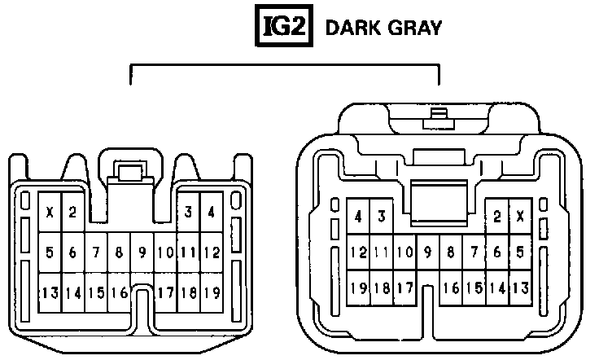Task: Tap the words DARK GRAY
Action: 383,28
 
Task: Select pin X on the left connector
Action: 50,213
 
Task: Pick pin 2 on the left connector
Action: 72,213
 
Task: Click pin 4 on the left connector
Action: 212,213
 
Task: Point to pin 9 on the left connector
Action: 142,253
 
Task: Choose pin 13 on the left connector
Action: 50,292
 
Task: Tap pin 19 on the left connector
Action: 212,292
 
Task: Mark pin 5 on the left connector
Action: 50,253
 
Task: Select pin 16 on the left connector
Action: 119,292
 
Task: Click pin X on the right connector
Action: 520,217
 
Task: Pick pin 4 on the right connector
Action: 359,217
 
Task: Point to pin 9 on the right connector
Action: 427,252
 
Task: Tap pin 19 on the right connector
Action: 359,288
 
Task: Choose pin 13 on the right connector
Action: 520,288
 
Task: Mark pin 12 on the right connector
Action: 359,252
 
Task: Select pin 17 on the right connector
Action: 404,288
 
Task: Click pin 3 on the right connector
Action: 381,217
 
